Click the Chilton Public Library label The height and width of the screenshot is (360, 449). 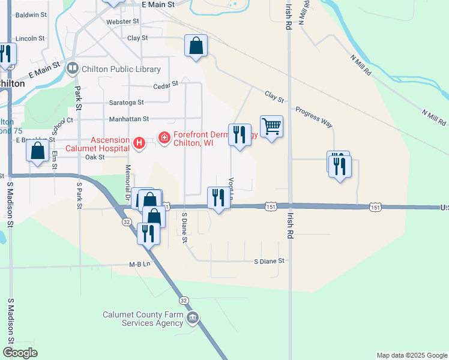(121, 70)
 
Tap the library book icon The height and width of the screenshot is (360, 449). (73, 68)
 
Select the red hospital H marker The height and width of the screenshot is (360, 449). (139, 143)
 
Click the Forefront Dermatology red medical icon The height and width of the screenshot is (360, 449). (164, 139)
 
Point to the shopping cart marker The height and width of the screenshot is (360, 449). (271, 127)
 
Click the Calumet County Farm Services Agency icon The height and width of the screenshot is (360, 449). (193, 318)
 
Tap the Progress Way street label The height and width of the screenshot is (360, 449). (313, 117)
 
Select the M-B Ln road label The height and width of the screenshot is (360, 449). (139, 265)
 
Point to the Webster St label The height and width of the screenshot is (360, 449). (122, 22)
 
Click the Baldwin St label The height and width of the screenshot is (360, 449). (31, 14)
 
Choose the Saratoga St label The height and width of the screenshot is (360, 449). (126, 103)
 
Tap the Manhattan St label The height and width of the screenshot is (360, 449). (128, 120)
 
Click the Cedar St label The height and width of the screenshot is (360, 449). (166, 85)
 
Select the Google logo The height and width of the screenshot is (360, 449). (20, 353)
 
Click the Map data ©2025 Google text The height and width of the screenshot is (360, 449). (412, 355)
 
